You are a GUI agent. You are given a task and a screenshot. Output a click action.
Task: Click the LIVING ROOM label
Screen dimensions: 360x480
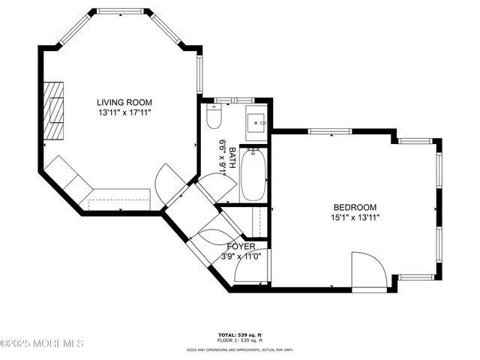point(124,102)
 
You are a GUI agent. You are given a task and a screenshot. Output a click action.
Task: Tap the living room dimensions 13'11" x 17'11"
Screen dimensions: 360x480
point(124,112)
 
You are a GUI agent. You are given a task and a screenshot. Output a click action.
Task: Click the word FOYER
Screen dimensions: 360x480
point(241,246)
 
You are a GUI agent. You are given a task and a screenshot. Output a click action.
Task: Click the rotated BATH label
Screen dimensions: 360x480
point(232,157)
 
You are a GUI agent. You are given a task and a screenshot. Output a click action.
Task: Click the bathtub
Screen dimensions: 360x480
point(253,175)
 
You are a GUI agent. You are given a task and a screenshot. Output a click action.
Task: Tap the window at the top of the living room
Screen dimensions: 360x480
point(120,12)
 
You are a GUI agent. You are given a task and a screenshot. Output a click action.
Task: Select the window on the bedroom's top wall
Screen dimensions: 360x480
point(330,132)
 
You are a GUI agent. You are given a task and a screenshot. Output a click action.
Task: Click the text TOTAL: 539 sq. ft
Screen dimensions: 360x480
point(240,334)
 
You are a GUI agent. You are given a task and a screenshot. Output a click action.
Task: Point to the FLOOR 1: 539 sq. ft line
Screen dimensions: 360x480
point(240,340)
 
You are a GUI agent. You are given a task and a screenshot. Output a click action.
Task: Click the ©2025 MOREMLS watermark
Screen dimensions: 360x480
point(42,343)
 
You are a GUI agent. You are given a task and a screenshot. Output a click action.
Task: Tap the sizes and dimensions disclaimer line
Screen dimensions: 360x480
point(240,349)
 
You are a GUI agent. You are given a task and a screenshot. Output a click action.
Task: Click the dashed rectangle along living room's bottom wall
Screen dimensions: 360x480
point(119,203)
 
